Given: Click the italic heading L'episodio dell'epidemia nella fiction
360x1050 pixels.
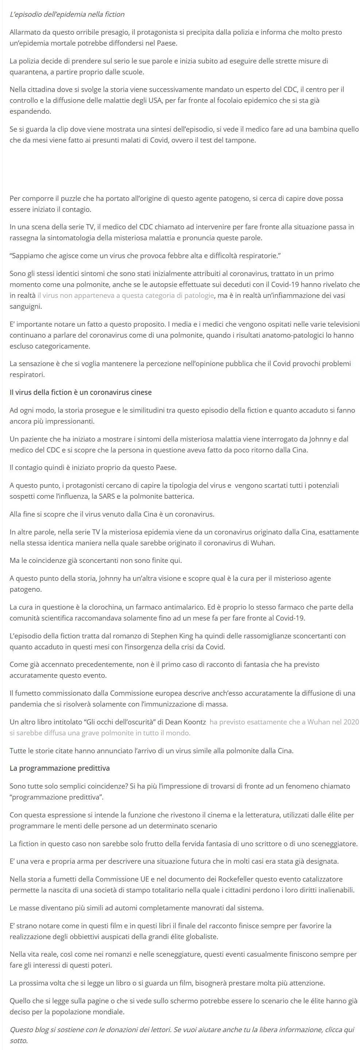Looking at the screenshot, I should coord(67,14).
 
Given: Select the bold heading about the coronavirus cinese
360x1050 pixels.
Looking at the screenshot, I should coord(80,392).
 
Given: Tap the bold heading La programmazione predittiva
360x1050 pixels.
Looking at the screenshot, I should coord(59,768).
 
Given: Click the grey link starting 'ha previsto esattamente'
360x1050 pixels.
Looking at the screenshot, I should coord(284,722).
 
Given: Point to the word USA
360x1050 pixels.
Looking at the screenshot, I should coord(155,100).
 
